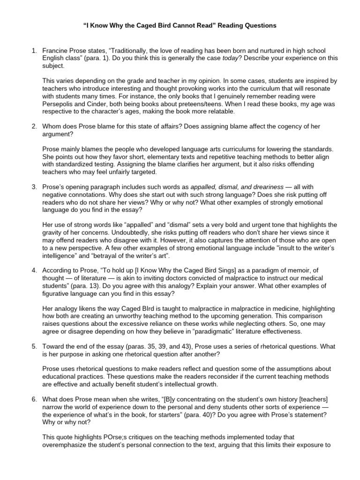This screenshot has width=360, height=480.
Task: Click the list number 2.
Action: click(x=34, y=127)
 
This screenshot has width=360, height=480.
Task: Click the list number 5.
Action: click(x=34, y=347)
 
